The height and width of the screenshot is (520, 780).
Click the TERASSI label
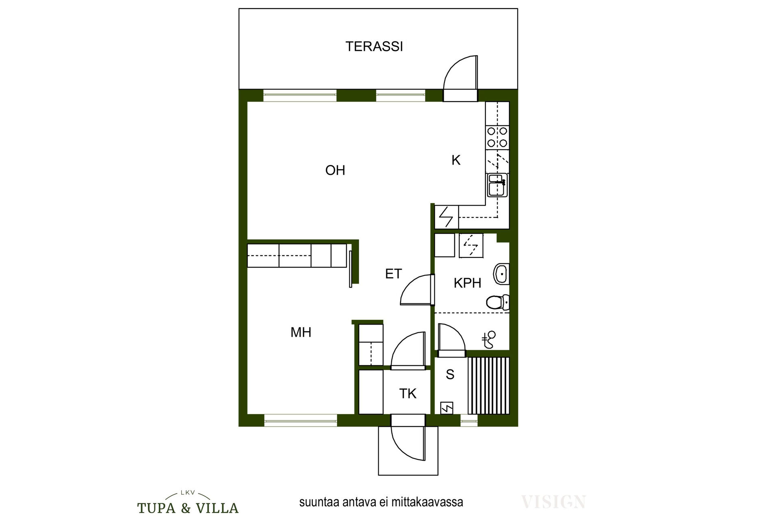374,46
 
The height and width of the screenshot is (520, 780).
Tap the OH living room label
335,170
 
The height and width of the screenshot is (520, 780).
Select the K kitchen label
456,160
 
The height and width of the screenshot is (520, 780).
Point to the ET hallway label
393,274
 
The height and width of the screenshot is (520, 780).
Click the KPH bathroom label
467,283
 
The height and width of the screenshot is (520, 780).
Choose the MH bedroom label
301,332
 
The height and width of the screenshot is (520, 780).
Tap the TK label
407,393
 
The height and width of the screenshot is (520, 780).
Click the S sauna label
450,374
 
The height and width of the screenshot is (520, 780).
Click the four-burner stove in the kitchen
497,137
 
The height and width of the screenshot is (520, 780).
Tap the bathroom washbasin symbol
501,273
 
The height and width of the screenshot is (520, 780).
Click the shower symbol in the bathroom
490,340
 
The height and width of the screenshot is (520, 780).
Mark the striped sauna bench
488,386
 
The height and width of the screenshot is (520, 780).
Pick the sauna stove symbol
447,408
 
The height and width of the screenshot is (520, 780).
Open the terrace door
460,78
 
